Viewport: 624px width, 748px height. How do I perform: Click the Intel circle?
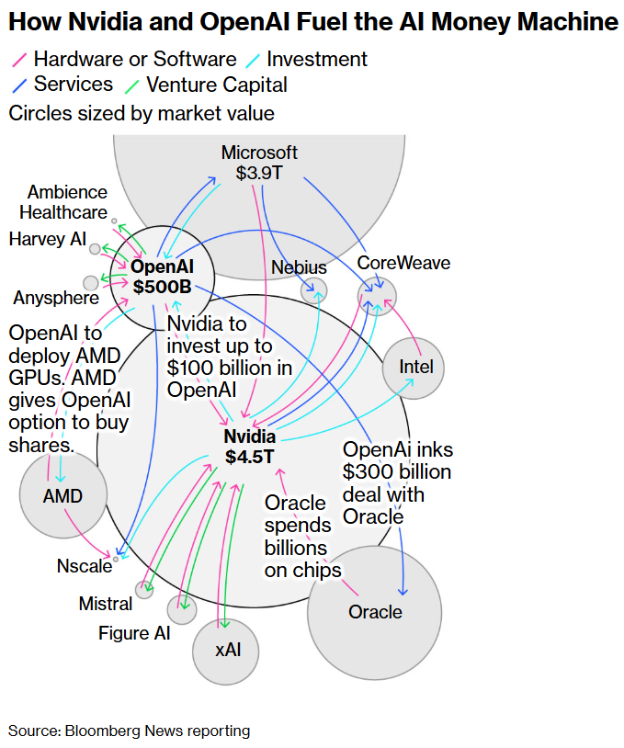tap(414, 368)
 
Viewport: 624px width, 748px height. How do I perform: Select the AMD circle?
tap(62, 496)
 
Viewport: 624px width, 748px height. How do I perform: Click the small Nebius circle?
tap(313, 290)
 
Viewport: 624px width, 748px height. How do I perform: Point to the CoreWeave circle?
tap(377, 295)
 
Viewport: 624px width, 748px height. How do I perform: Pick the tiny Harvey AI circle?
tap(95, 248)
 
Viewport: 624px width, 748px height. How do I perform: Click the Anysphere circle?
tap(90, 283)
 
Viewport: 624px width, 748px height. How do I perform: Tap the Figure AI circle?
tap(181, 608)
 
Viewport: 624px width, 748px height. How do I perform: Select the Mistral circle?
tap(143, 589)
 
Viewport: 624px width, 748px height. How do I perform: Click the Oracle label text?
tap(375, 612)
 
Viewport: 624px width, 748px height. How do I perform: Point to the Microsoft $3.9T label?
tap(260, 163)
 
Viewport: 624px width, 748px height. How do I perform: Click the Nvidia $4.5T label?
tap(249, 446)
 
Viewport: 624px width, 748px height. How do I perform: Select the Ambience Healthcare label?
tap(66, 202)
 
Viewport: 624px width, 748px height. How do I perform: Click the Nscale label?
tap(84, 566)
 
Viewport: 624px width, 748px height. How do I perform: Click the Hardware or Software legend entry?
tap(134, 60)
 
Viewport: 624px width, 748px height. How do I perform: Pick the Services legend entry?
tap(73, 85)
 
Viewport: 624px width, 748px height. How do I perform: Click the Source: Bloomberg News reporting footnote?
tap(129, 731)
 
